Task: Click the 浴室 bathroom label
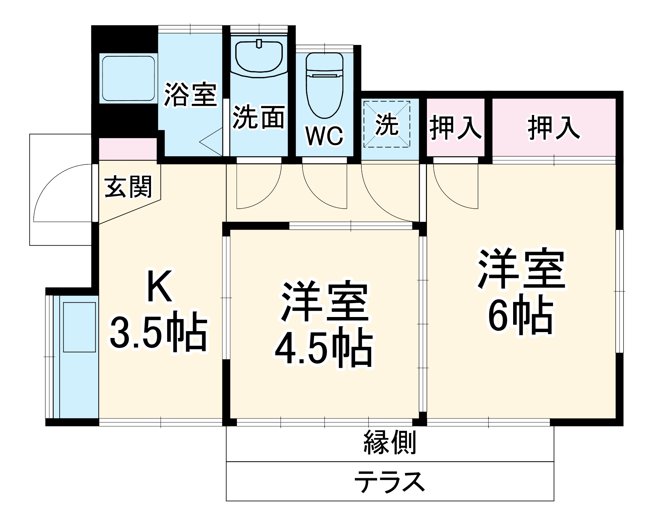[x=190, y=95]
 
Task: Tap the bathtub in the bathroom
[x=128, y=79]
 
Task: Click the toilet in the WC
[x=324, y=85]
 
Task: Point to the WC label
[x=324, y=136]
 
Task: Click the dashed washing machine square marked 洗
[x=387, y=124]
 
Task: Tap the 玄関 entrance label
[x=129, y=186]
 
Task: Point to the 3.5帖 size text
[x=159, y=334]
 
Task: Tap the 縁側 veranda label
[x=390, y=442]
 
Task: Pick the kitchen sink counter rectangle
[x=79, y=328]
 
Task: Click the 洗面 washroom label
[x=259, y=117]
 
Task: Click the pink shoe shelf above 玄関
[x=128, y=149]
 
